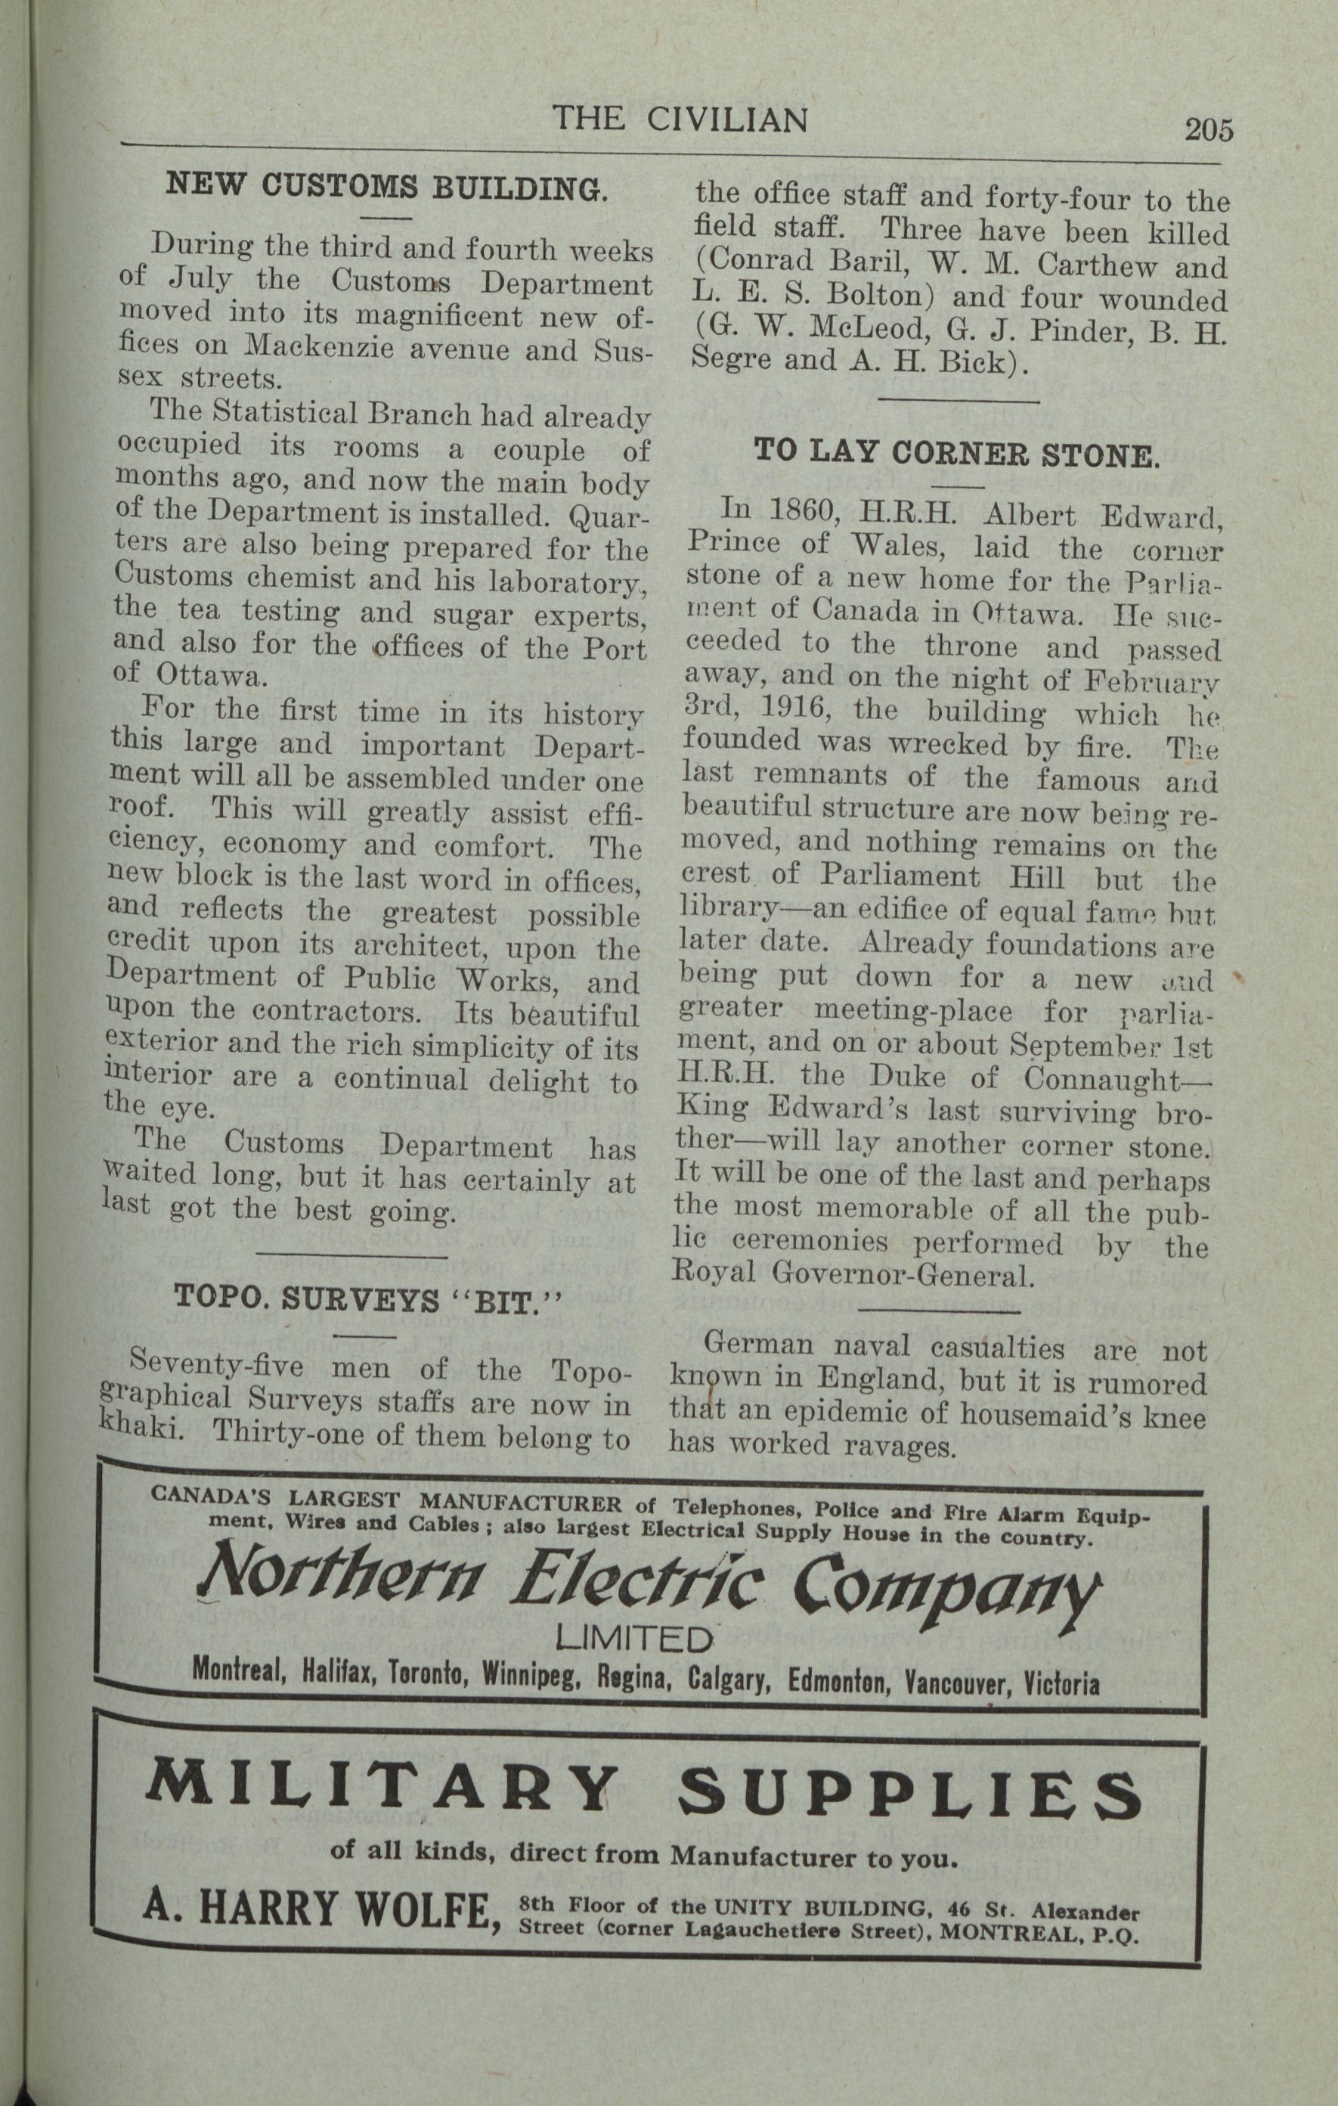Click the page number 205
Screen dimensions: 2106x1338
pyautogui.click(x=1209, y=129)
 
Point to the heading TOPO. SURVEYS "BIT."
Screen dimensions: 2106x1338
pyautogui.click(x=367, y=1298)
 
